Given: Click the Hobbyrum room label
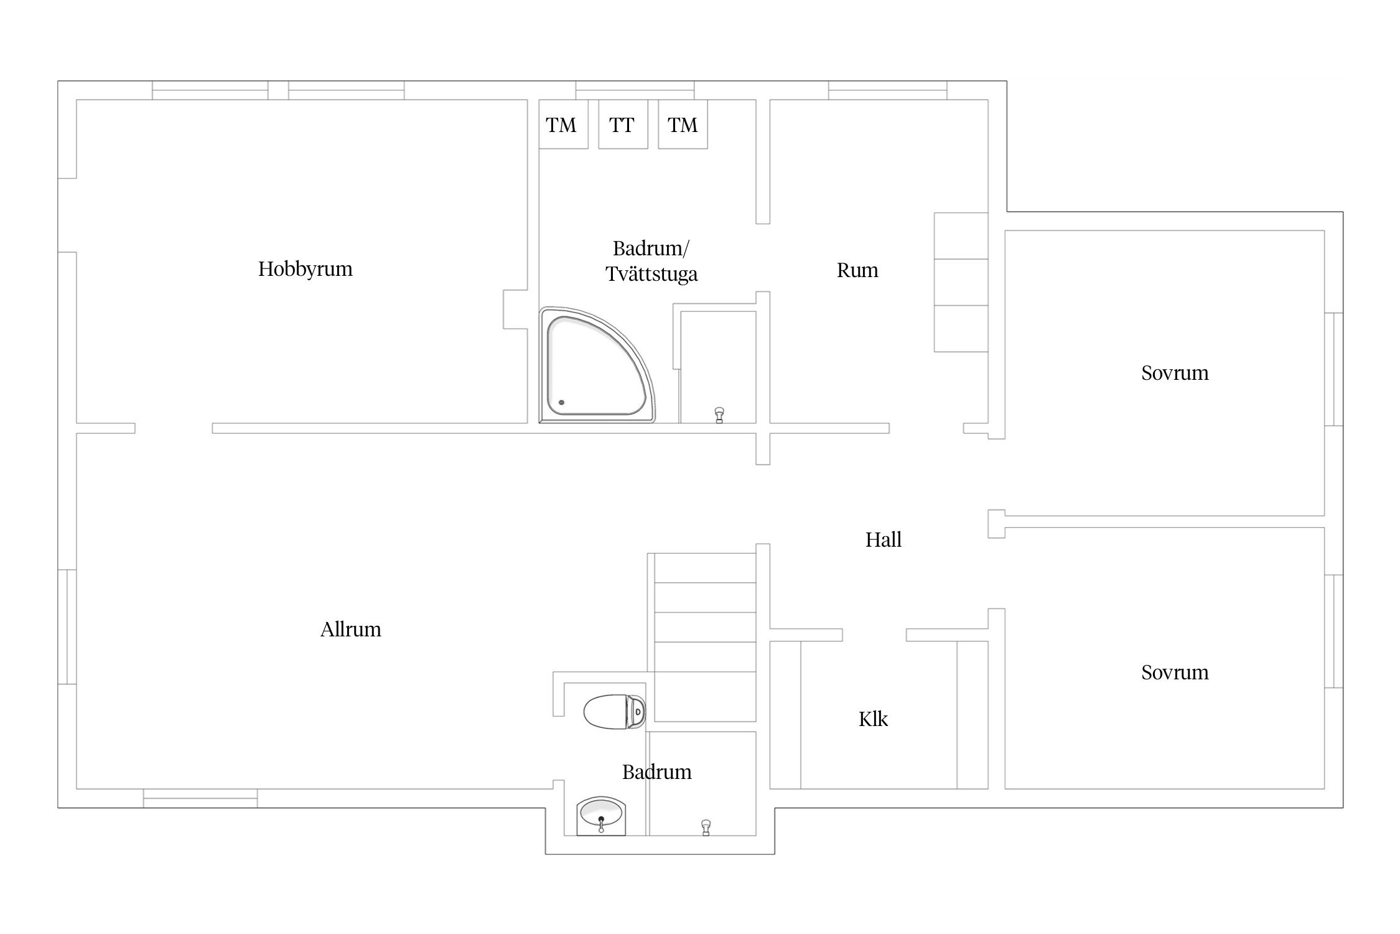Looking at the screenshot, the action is click(x=305, y=269).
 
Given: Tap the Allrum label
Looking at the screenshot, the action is click(x=350, y=630).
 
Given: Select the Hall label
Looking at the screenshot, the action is click(x=883, y=539).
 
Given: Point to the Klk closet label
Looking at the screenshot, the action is click(x=873, y=719).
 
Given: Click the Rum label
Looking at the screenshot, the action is click(x=857, y=270).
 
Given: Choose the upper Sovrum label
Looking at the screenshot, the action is click(x=1175, y=373).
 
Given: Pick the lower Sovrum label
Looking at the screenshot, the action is click(x=1175, y=672).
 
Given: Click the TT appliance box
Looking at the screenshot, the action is click(x=623, y=124).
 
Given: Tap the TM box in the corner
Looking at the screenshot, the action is click(x=563, y=124).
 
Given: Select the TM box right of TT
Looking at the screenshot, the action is click(x=683, y=124).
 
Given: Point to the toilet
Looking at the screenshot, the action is click(x=614, y=711).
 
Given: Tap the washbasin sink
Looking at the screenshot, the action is click(x=602, y=816).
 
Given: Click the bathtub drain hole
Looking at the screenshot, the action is click(x=561, y=402).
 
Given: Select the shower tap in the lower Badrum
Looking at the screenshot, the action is click(x=706, y=828).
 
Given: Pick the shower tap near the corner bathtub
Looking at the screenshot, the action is click(x=719, y=415).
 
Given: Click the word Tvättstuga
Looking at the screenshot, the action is click(x=651, y=275).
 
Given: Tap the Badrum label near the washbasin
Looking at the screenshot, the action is click(x=657, y=772).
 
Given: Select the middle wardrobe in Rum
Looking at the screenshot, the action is click(x=961, y=282).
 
